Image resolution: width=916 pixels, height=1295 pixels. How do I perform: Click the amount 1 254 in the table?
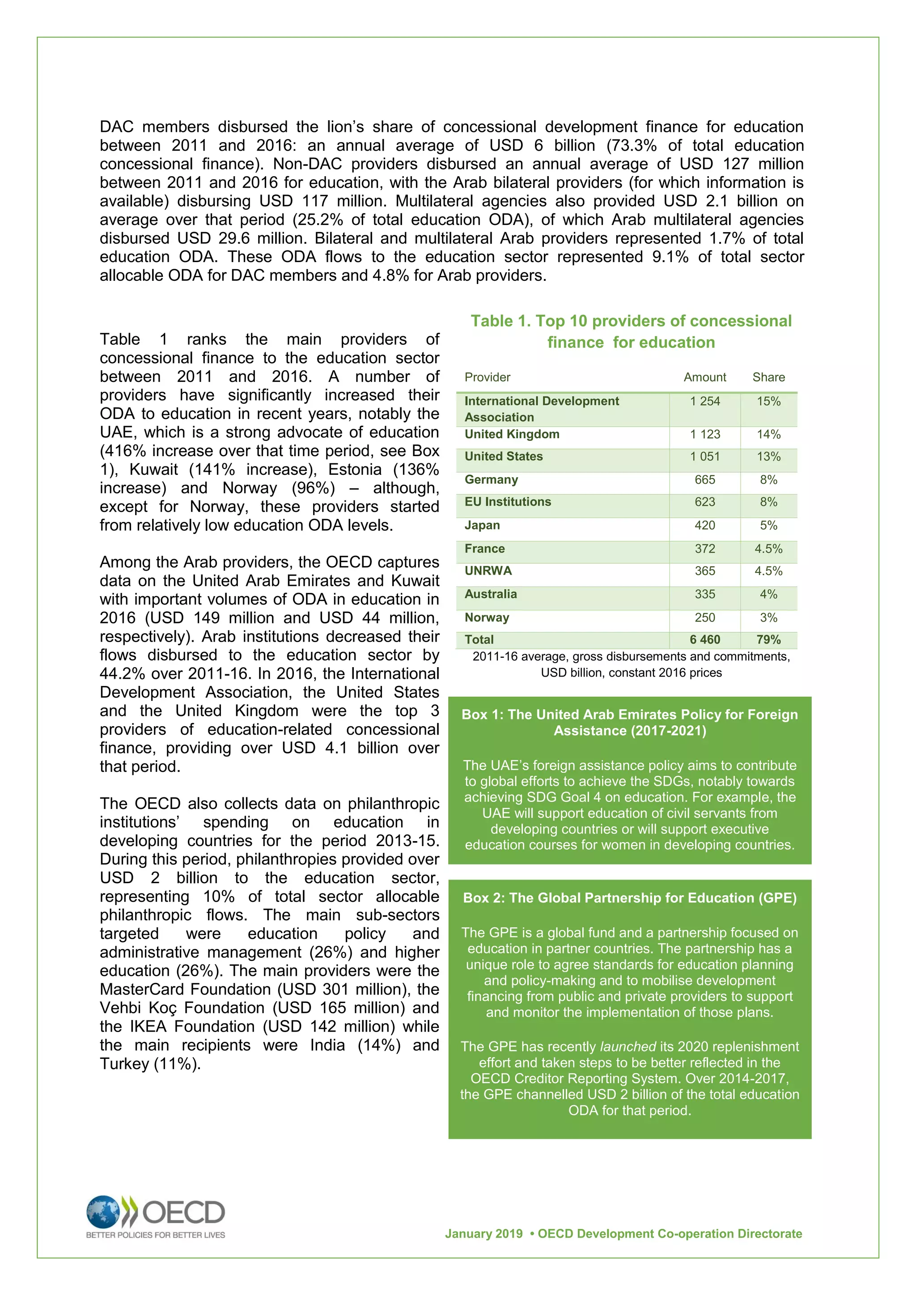click(x=704, y=401)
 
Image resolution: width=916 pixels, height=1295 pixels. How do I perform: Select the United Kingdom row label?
click(x=512, y=434)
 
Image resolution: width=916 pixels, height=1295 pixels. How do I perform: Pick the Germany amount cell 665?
click(x=704, y=479)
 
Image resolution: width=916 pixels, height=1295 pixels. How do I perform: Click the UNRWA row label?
click(x=488, y=570)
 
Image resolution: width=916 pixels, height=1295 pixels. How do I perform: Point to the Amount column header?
click(x=704, y=377)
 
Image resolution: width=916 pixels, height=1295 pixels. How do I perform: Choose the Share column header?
click(x=768, y=377)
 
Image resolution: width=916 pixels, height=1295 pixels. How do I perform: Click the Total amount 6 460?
click(x=704, y=639)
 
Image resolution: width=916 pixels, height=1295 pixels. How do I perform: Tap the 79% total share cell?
click(x=768, y=639)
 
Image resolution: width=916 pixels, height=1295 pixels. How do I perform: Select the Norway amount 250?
click(x=704, y=617)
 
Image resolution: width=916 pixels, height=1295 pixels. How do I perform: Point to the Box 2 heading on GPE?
click(x=629, y=897)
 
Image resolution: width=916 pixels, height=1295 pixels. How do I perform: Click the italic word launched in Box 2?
click(x=627, y=1046)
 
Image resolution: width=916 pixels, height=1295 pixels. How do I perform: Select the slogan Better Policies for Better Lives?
click(x=155, y=1235)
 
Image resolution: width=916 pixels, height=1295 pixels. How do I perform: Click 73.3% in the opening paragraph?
click(x=636, y=145)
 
